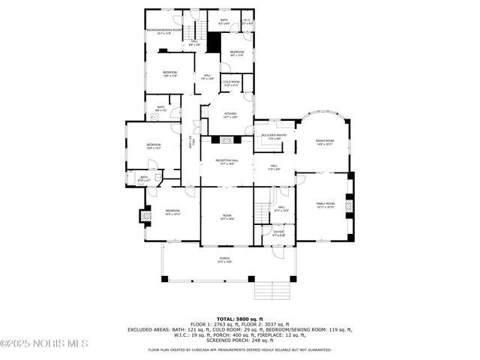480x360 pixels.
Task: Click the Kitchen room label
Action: [229, 115]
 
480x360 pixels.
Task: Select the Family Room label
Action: [325, 205]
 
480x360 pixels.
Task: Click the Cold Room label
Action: [231, 83]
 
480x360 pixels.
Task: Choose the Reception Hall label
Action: [226, 162]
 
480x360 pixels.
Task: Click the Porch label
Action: [224, 259]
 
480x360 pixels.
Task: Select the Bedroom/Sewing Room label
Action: [163, 31]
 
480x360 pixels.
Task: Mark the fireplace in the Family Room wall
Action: [348, 205]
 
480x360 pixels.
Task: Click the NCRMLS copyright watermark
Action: [45, 343]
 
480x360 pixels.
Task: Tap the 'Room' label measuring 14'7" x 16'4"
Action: [226, 217]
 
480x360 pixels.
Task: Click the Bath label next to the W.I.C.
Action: [224, 22]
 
